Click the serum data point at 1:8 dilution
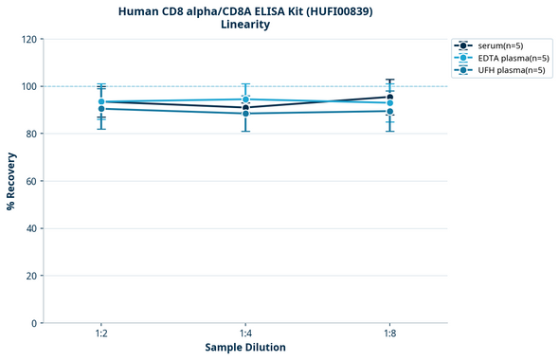coord(389,97)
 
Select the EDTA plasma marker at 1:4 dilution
coord(245,99)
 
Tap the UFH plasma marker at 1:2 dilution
coord(101,109)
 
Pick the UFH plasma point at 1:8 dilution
coord(389,112)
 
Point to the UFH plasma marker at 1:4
coord(245,114)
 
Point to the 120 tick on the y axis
coord(28,39)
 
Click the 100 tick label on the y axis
coord(28,86)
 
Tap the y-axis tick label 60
coord(31,181)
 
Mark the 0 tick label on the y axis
coord(34,323)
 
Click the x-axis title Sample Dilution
coord(245,348)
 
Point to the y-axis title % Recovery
coord(10,180)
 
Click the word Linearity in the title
coord(244,25)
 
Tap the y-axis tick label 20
coord(31,276)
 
